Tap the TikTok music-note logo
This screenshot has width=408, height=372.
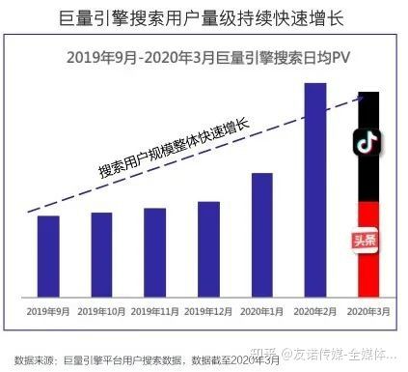tap(367, 143)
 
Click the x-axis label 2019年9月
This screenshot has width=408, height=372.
tap(48, 311)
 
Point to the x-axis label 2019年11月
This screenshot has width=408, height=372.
tap(154, 311)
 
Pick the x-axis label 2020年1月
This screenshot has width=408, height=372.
tap(261, 311)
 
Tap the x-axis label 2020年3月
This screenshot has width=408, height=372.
tap(367, 311)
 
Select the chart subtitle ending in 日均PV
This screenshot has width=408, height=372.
tap(204, 57)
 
